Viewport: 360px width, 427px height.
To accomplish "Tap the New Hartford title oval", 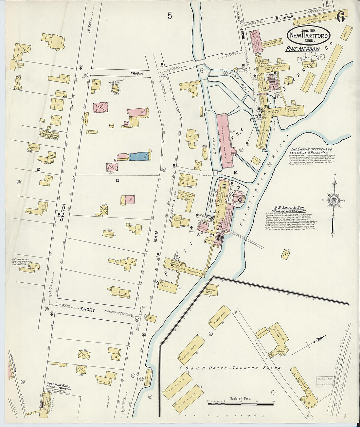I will (309, 36).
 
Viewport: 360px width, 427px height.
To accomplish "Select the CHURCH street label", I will (63, 213).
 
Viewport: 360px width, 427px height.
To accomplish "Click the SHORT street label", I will (88, 310).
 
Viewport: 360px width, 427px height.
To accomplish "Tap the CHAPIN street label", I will (136, 74).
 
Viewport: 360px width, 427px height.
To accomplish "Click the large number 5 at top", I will (169, 15).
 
